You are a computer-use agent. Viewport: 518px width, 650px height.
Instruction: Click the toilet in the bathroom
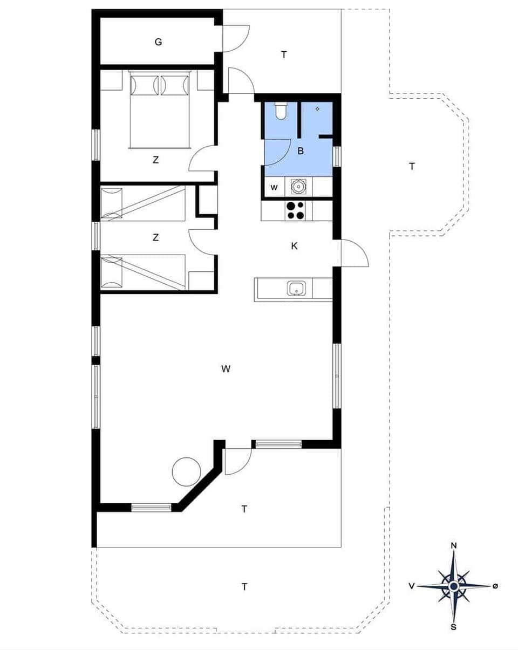point(281,111)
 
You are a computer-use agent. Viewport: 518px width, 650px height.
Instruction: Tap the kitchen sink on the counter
point(296,289)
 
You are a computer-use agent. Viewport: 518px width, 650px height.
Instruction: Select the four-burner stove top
point(295,210)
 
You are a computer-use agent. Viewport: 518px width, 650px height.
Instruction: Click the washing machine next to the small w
point(298,187)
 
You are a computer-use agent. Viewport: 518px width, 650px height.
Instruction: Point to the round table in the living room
point(186,471)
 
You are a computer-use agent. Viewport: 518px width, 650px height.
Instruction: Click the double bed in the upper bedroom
point(160,109)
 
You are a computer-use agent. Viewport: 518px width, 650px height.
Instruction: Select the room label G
point(158,42)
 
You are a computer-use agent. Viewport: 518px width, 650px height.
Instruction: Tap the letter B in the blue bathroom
point(301,151)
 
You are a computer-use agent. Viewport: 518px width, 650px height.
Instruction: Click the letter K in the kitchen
point(294,247)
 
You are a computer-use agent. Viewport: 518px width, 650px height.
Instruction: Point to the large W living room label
point(226,369)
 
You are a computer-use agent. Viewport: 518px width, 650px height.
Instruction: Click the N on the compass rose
point(454,545)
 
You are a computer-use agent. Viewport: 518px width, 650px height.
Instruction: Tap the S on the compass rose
point(454,627)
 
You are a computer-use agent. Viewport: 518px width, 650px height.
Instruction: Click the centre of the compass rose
point(454,586)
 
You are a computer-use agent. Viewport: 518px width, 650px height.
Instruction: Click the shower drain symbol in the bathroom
point(317,109)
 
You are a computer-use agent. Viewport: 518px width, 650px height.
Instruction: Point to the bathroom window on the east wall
point(338,156)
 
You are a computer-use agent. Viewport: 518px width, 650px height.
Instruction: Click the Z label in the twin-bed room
point(155,237)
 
